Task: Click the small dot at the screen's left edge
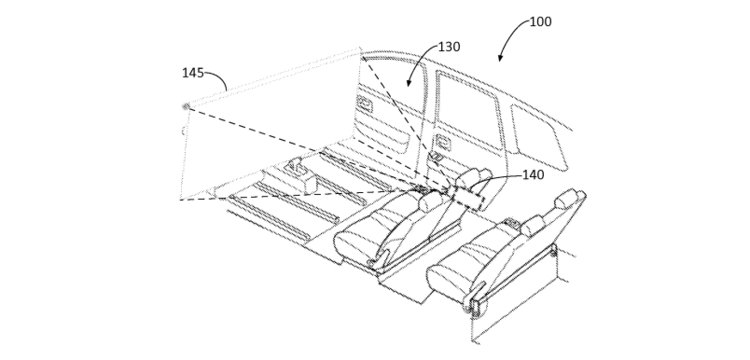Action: [x=184, y=105]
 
